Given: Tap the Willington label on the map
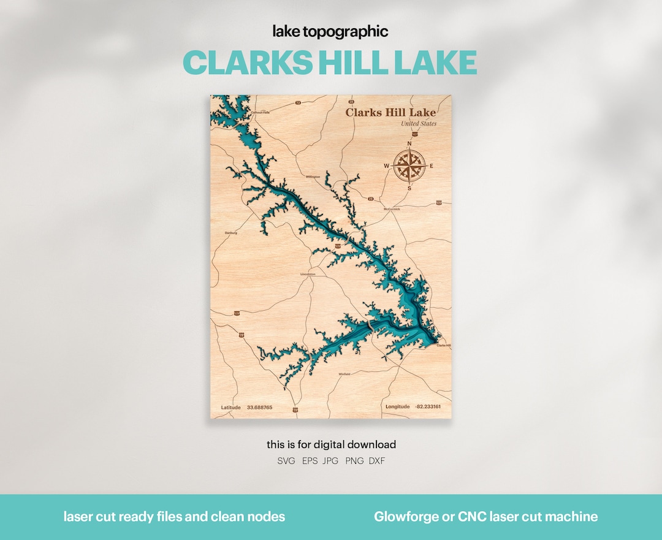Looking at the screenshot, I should (x=313, y=177).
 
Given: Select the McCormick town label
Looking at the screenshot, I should (x=391, y=209).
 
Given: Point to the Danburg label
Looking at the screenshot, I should (x=230, y=233).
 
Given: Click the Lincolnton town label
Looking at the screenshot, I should (x=308, y=274).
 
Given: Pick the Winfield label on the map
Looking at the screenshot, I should (x=344, y=373).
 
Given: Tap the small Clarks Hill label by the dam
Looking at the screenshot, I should (x=443, y=346).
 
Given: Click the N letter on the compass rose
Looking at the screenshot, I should (x=409, y=144).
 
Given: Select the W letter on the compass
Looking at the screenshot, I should (x=387, y=165).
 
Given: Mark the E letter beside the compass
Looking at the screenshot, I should (x=432, y=165).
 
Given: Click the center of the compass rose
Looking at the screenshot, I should (x=409, y=165).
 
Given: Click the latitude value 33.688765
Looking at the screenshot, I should (x=259, y=407).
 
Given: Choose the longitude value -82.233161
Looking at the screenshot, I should (x=428, y=406).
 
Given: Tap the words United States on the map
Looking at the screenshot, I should (x=419, y=124).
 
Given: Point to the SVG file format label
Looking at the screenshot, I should (x=286, y=461).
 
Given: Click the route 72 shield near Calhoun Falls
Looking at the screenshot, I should (x=298, y=102).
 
